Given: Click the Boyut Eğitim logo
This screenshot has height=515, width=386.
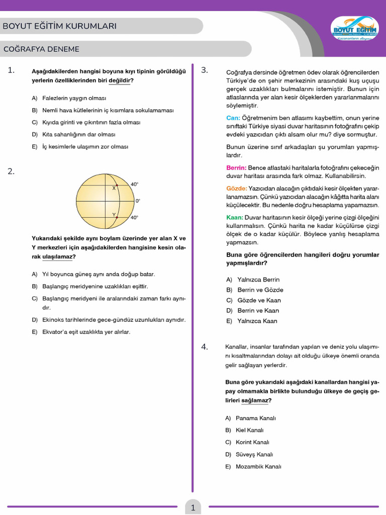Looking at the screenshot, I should (x=354, y=29).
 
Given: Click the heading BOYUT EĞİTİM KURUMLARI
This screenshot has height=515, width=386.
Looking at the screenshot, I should (x=60, y=26).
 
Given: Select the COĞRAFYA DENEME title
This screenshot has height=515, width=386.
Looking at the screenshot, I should (x=41, y=49).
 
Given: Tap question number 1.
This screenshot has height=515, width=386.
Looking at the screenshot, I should (x=12, y=70).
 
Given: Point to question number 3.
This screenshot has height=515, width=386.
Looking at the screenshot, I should (x=205, y=70).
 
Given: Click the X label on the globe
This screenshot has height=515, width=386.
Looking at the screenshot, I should (x=114, y=188).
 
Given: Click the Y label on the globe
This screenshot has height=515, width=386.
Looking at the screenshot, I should (x=114, y=215).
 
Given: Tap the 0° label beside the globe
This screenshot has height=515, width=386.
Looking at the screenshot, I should (x=138, y=201).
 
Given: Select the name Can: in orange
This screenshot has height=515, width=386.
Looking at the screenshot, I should (x=233, y=118).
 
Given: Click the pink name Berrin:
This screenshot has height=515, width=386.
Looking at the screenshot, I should (x=236, y=167).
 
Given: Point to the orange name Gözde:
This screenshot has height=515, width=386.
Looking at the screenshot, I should (x=237, y=188).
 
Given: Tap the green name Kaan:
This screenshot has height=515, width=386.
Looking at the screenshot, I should (x=235, y=217).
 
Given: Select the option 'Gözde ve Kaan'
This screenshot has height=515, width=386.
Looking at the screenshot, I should (x=259, y=300).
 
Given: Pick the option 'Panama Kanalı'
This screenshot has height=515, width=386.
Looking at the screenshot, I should (x=255, y=418).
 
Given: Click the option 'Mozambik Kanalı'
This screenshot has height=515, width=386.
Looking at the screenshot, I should (x=258, y=466).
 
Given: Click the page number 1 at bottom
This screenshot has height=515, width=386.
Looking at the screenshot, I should (x=193, y=507).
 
